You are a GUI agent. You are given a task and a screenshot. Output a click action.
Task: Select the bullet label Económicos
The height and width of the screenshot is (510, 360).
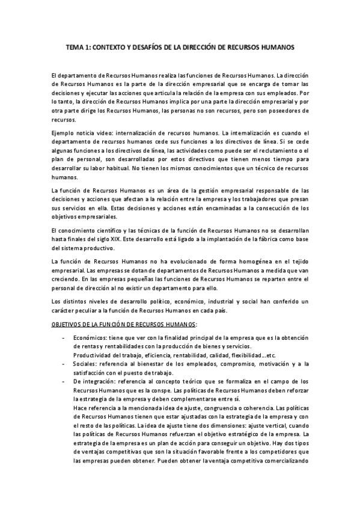coord(88,338)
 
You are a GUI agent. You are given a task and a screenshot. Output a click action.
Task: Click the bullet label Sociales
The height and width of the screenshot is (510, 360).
coord(85,364)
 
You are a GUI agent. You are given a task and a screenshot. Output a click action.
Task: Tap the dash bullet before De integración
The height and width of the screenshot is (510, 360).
coord(64,381)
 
